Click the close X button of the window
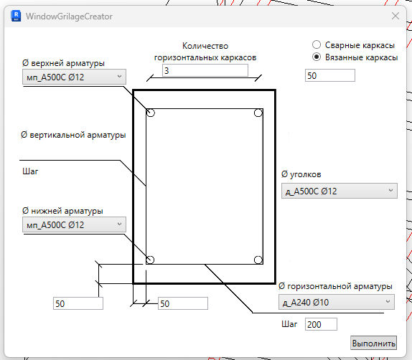click(x=395, y=16)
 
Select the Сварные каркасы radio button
click(x=317, y=44)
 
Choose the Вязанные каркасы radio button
click(x=317, y=57)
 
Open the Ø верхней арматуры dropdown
click(x=74, y=77)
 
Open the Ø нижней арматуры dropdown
click(x=74, y=224)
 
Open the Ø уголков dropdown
click(x=340, y=191)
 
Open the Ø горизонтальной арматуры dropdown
click(x=337, y=302)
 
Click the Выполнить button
click(x=374, y=343)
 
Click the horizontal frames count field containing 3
click(x=205, y=70)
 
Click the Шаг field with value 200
click(x=321, y=324)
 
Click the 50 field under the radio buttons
click(x=330, y=75)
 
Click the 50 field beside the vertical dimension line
click(x=78, y=303)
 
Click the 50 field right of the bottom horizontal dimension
click(x=183, y=303)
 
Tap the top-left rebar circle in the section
click(x=151, y=113)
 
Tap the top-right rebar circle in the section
click(x=258, y=113)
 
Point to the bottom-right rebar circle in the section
click(x=258, y=260)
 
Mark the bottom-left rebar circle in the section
click(x=150, y=260)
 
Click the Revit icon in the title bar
click(x=16, y=16)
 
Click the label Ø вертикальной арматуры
click(x=73, y=135)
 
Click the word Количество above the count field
click(x=205, y=46)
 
